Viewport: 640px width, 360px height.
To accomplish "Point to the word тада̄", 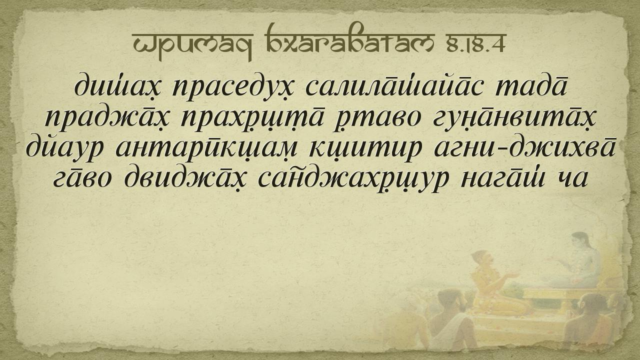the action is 531,85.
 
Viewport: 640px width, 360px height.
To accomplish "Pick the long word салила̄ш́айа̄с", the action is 395,85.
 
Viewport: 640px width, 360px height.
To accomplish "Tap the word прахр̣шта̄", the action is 253,118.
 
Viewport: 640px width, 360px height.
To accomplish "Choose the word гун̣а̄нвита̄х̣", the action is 514,118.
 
